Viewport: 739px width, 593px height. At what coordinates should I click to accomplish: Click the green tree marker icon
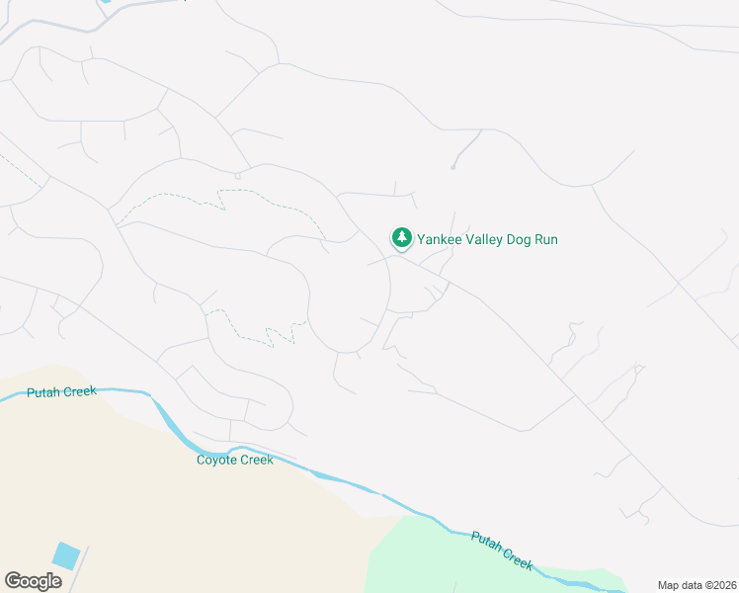pos(401,238)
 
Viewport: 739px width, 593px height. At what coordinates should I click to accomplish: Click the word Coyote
pos(217,460)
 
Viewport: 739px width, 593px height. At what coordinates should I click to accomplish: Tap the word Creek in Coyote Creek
pos(257,460)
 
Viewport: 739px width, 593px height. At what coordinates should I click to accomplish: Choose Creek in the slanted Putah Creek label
pos(518,558)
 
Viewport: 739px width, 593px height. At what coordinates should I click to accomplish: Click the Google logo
pos(33,580)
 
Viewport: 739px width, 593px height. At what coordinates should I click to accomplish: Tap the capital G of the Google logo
pos(13,580)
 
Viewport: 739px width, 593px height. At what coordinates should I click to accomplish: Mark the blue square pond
pos(66,555)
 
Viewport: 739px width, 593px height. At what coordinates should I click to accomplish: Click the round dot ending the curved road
pos(452,167)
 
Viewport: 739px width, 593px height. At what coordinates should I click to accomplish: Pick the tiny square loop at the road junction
pos(238,176)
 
